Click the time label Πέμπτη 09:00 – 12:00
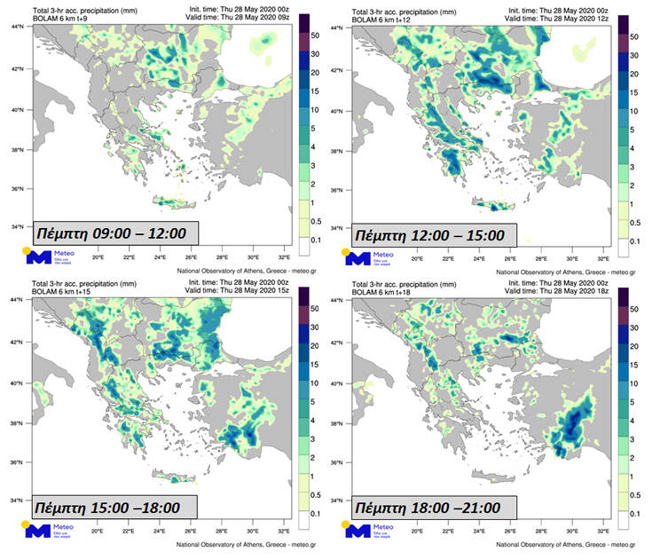click(x=114, y=233)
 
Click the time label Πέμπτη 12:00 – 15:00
click(x=430, y=236)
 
